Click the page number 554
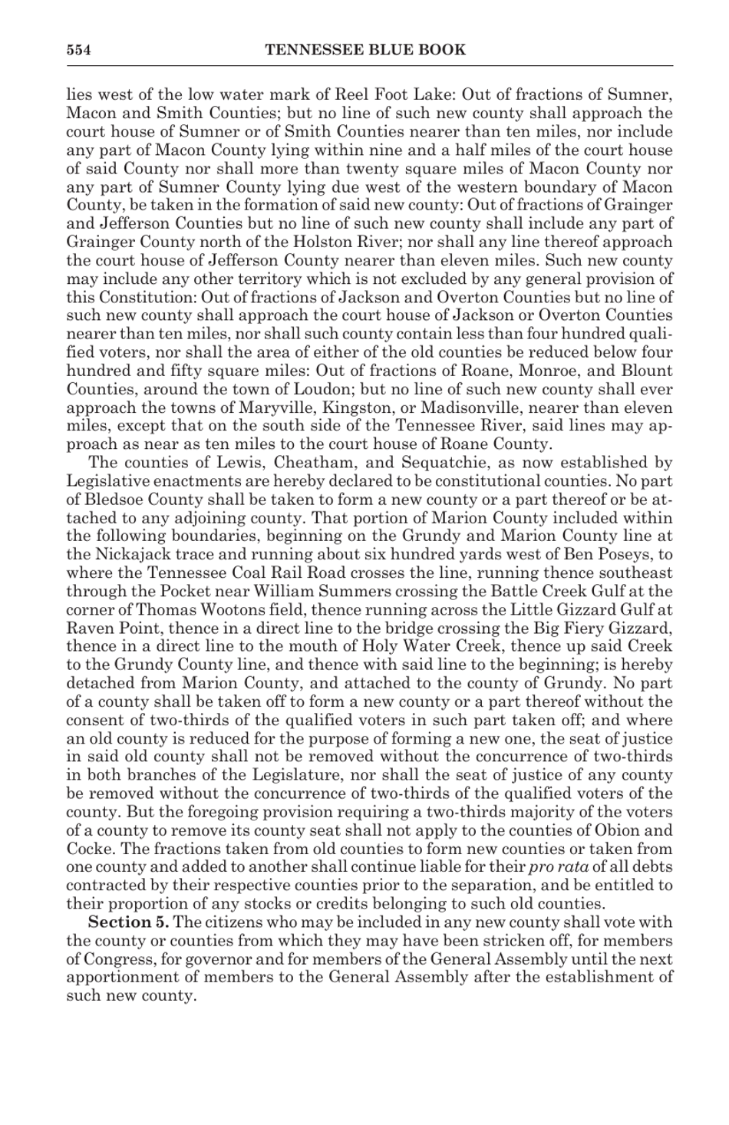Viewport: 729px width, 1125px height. tap(78, 51)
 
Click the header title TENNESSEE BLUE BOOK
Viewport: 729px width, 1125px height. tap(364, 51)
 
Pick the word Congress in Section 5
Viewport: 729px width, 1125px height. tap(118, 959)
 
